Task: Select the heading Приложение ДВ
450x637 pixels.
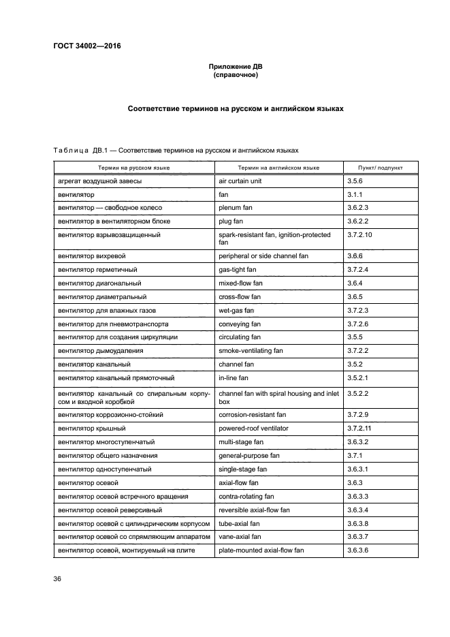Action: [x=235, y=67]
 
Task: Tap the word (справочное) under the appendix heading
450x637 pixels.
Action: [x=235, y=76]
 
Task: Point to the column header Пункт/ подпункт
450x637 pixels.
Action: [x=380, y=167]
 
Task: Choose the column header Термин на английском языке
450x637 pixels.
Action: [x=278, y=167]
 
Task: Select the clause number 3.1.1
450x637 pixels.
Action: [x=355, y=195]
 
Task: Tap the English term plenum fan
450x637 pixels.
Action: [x=236, y=208]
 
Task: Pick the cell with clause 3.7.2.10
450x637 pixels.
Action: [x=360, y=235]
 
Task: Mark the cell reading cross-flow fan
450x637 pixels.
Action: [x=239, y=297]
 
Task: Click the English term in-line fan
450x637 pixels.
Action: [x=234, y=377]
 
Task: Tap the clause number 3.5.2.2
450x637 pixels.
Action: [x=357, y=394]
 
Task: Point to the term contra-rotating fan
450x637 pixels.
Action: [x=246, y=496]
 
